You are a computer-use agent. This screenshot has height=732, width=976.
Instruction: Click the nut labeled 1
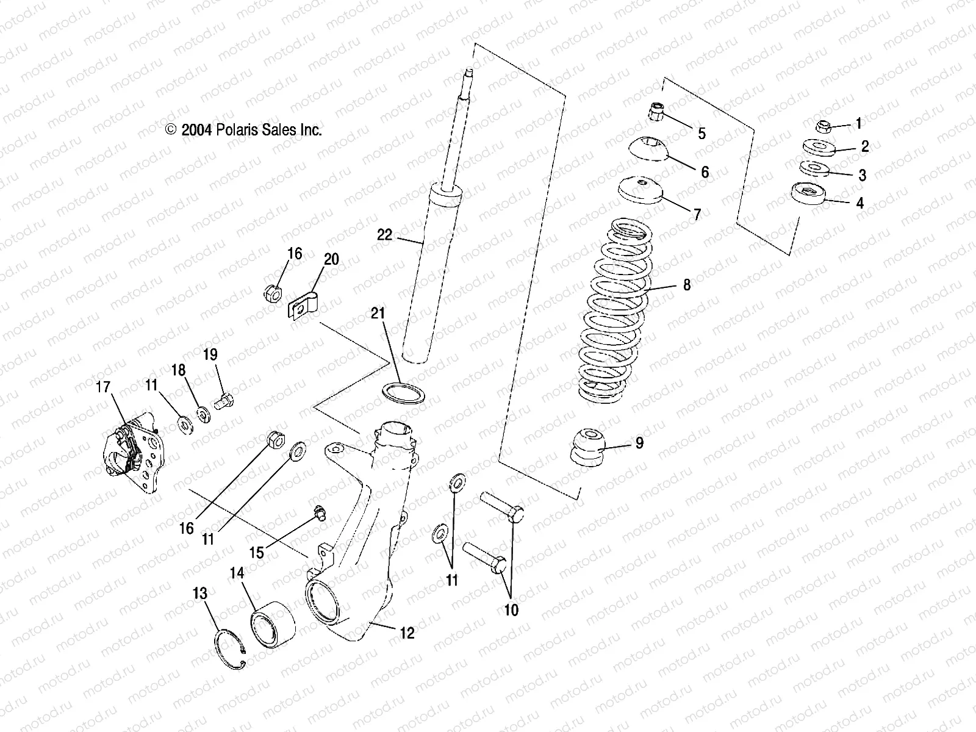click(823, 127)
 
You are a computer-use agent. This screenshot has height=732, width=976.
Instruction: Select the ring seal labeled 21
click(403, 393)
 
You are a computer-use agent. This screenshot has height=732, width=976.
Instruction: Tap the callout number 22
click(384, 235)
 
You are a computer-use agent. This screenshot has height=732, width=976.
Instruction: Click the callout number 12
click(407, 633)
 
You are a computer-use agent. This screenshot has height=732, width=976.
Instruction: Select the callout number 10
click(511, 609)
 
